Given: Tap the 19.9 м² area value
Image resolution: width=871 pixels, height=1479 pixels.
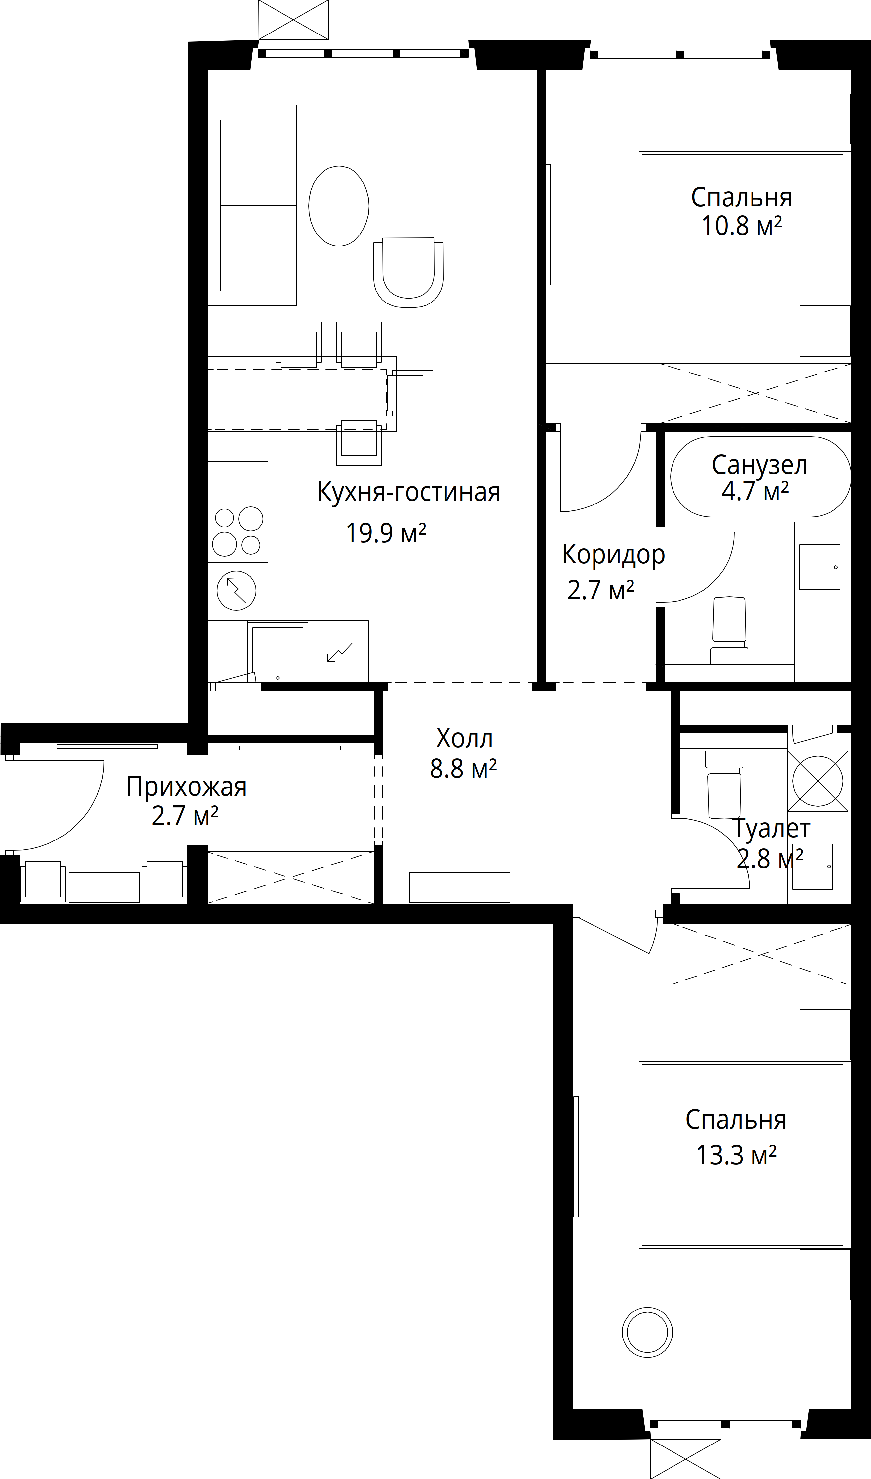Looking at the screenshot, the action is click(x=385, y=533).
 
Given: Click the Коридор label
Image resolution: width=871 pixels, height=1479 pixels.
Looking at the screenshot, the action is click(x=613, y=555).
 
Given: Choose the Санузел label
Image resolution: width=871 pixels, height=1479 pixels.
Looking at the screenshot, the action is click(x=759, y=465).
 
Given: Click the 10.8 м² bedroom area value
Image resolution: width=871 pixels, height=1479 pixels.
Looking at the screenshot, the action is click(x=742, y=225).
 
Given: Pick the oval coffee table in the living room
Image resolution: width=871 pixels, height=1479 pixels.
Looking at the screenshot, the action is click(x=339, y=205).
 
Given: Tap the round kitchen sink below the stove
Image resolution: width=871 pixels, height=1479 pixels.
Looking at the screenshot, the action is click(x=237, y=590).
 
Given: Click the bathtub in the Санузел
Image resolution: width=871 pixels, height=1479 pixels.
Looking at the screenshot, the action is click(x=760, y=477).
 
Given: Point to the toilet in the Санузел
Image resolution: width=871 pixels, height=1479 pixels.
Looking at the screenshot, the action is click(x=729, y=631).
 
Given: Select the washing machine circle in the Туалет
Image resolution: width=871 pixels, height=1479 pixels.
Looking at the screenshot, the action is click(x=818, y=780).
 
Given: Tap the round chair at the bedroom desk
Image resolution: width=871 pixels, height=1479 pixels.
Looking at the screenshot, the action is click(x=647, y=1343).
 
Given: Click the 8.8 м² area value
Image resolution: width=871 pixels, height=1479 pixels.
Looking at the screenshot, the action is click(x=463, y=769).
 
